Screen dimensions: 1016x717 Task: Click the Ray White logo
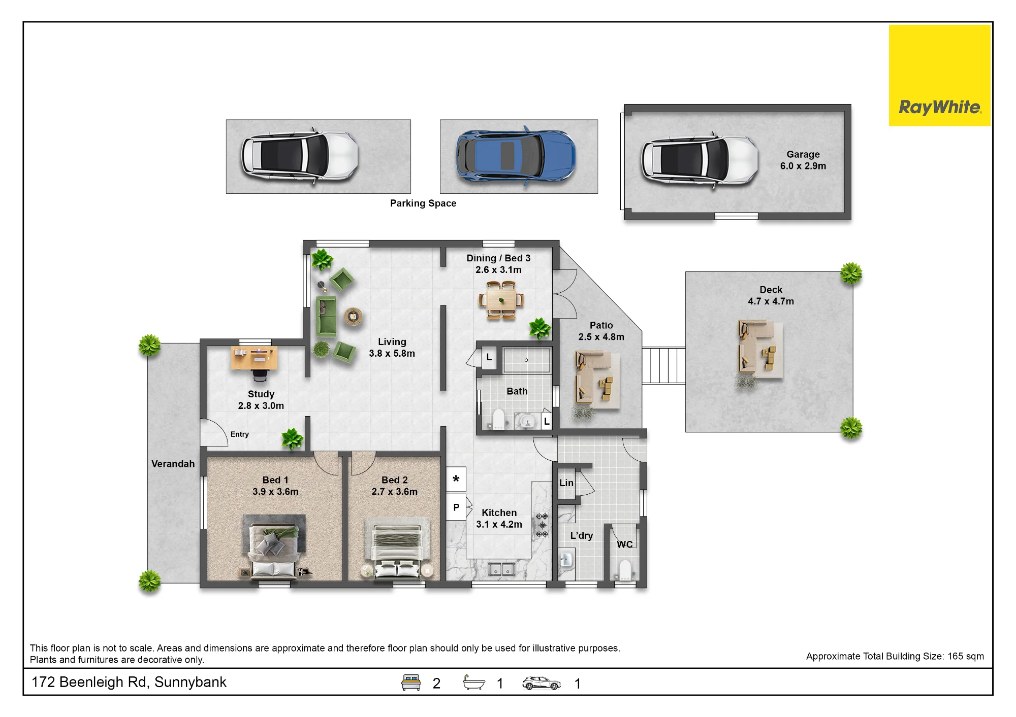point(939,76)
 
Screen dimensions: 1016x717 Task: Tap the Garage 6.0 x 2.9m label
point(803,160)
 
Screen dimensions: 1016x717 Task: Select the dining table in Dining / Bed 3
point(501,300)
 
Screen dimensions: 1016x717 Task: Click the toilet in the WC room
point(625,571)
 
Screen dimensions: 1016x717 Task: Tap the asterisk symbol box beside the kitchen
point(456,480)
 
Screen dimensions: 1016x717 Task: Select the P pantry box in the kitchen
point(456,507)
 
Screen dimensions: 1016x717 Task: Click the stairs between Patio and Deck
point(663,365)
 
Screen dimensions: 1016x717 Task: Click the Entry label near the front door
point(240,434)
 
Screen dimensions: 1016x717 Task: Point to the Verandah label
point(173,464)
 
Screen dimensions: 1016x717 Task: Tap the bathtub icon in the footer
point(474,682)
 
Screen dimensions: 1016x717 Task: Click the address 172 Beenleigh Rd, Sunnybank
point(129,682)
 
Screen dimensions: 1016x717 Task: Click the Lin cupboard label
point(566,483)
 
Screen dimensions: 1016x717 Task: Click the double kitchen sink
point(502,569)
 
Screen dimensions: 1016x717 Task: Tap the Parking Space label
point(423,203)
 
